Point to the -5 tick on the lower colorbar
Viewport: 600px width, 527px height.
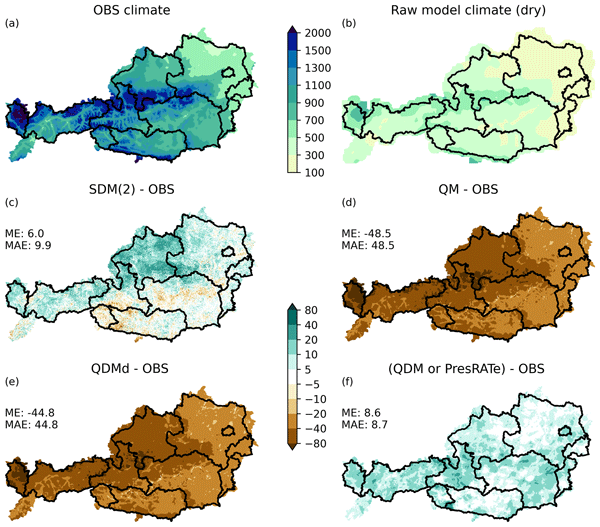(x=319, y=382)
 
